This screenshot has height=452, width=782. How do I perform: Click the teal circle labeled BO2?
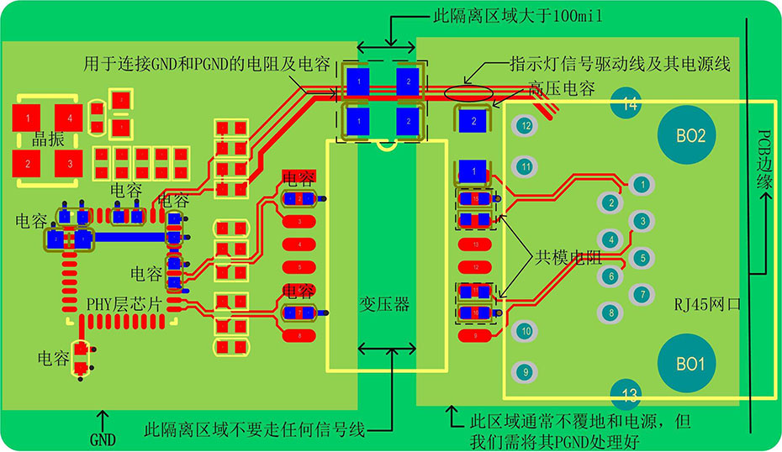coord(690,134)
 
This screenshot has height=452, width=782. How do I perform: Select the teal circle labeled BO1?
coord(690,365)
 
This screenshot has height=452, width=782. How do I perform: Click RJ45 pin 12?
coord(526,125)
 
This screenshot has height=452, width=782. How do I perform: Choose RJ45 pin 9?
coord(526,371)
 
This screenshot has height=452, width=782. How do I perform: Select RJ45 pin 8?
coord(611,313)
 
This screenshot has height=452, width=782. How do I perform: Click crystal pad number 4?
coord(70,117)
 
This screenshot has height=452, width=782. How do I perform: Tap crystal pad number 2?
coord(27,163)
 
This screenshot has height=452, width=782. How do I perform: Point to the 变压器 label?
coord(385,304)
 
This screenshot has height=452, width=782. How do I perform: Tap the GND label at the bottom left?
coord(103,439)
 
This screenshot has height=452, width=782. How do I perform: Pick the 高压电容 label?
coord(563,87)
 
